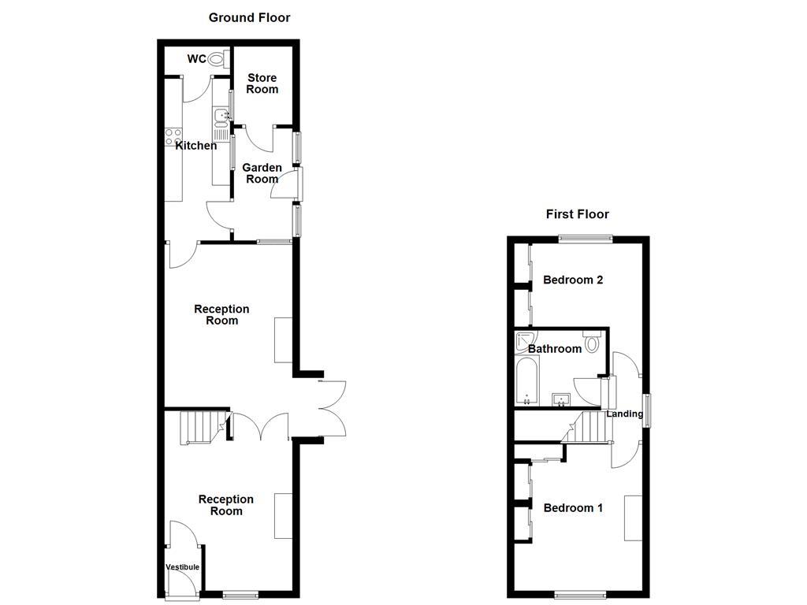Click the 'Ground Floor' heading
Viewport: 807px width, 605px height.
[x=249, y=17]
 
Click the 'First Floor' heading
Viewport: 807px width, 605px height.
[x=578, y=214]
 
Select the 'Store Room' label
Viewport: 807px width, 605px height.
[x=262, y=84]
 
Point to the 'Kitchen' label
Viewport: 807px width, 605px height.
[x=196, y=146]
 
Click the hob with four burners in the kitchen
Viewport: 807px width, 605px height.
[x=173, y=136]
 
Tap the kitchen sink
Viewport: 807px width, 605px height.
[x=221, y=117]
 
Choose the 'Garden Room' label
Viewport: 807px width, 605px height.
[x=262, y=173]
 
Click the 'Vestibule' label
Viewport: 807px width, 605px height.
[x=182, y=567]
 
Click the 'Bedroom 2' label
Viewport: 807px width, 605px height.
[x=573, y=280]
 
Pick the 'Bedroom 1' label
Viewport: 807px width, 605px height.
[x=573, y=508]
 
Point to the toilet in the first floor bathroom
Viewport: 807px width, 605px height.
[x=593, y=343]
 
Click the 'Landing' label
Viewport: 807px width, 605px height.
[x=624, y=414]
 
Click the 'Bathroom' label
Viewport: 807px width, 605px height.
[x=555, y=349]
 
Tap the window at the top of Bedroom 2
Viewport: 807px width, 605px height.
[x=586, y=238]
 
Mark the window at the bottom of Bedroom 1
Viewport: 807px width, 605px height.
[x=580, y=593]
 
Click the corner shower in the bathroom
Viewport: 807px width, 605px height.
[x=523, y=341]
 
